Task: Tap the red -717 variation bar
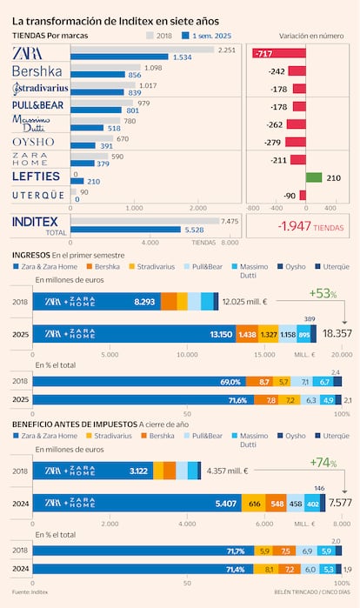pyautogui.click(x=291, y=54)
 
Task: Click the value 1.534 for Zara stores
pyautogui.click(x=181, y=57)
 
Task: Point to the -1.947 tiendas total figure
pyautogui.click(x=299, y=226)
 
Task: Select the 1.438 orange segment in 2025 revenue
pyautogui.click(x=247, y=334)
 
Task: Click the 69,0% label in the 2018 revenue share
pyautogui.click(x=230, y=382)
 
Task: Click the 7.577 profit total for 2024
pyautogui.click(x=340, y=502)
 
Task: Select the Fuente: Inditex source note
pyautogui.click(x=30, y=591)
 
